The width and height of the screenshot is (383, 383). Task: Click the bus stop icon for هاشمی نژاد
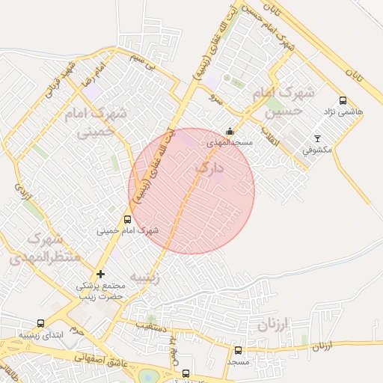(343, 101)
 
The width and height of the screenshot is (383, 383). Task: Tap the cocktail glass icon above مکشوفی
(317, 138)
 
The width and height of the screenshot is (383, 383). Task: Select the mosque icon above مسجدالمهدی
(229, 132)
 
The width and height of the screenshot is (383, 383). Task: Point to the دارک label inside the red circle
(209, 169)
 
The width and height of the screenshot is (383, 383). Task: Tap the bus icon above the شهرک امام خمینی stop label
(127, 220)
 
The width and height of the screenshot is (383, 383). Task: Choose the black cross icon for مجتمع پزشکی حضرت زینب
(101, 274)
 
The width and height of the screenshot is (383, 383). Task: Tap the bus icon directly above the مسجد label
(239, 350)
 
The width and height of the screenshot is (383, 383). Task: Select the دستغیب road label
(151, 327)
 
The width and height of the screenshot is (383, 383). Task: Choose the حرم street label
(74, 328)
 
